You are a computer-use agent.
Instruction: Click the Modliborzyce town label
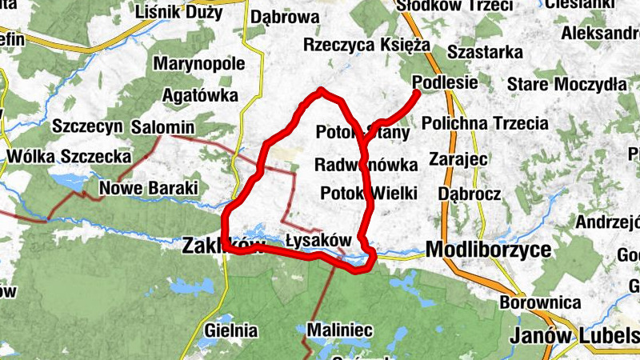[x=489, y=250]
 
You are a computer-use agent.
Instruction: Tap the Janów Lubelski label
[x=574, y=334]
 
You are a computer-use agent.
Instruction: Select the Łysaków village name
[x=318, y=240]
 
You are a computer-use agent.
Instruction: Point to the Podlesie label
[x=446, y=82]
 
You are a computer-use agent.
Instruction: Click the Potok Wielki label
[x=369, y=193]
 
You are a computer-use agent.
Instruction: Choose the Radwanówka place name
[x=366, y=166]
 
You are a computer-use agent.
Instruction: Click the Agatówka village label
[x=200, y=96]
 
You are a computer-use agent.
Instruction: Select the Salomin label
[x=163, y=127]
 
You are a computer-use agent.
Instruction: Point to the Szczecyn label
[x=86, y=126]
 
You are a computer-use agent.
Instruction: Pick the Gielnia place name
[x=231, y=330]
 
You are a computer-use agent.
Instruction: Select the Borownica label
[x=539, y=303]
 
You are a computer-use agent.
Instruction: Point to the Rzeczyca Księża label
[x=367, y=45]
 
